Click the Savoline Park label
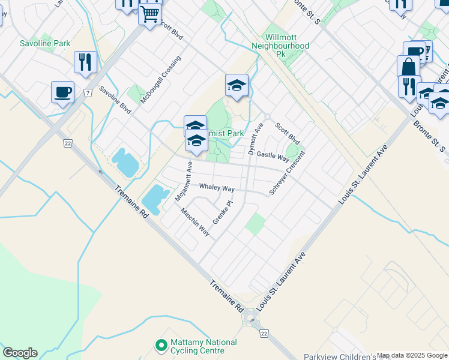tap(45, 43)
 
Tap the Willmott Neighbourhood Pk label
tap(280, 45)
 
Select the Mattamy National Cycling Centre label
tap(203, 346)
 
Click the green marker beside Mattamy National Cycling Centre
tap(160, 346)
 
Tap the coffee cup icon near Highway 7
tap(62, 92)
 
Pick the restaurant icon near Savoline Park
tap(85, 62)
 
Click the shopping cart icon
tap(149, 13)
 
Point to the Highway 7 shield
tap(88, 93)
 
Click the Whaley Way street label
tap(217, 188)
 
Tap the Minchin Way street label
tap(195, 222)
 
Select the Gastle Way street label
tap(273, 155)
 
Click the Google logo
tap(20, 353)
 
